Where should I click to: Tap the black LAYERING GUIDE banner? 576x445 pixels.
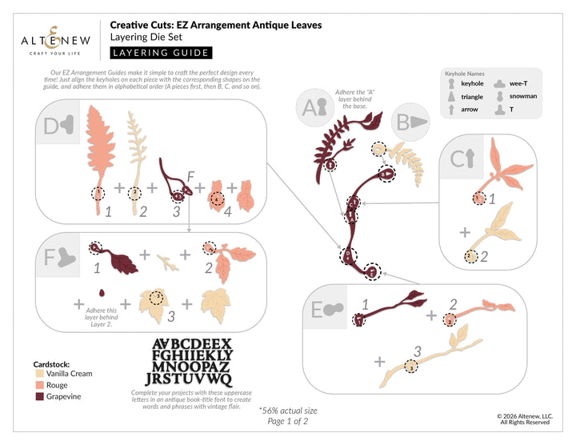pyautogui.click(x=160, y=53)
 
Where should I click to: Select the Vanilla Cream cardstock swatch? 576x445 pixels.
pyautogui.click(x=40, y=374)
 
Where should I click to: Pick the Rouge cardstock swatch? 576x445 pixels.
pyautogui.click(x=40, y=385)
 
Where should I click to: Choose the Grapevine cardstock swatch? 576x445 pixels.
pyautogui.click(x=40, y=396)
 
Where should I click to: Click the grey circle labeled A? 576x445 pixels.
pyautogui.click(x=313, y=108)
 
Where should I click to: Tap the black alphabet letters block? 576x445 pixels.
pyautogui.click(x=192, y=361)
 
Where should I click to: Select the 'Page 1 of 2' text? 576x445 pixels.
pyautogui.click(x=289, y=421)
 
